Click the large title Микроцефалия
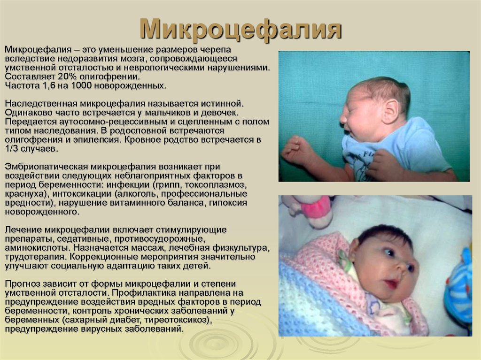241,30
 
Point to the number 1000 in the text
81,85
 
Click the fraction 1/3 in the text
11,149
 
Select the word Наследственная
41,104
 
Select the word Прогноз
23,284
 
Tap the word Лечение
23,230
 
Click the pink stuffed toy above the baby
308,211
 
